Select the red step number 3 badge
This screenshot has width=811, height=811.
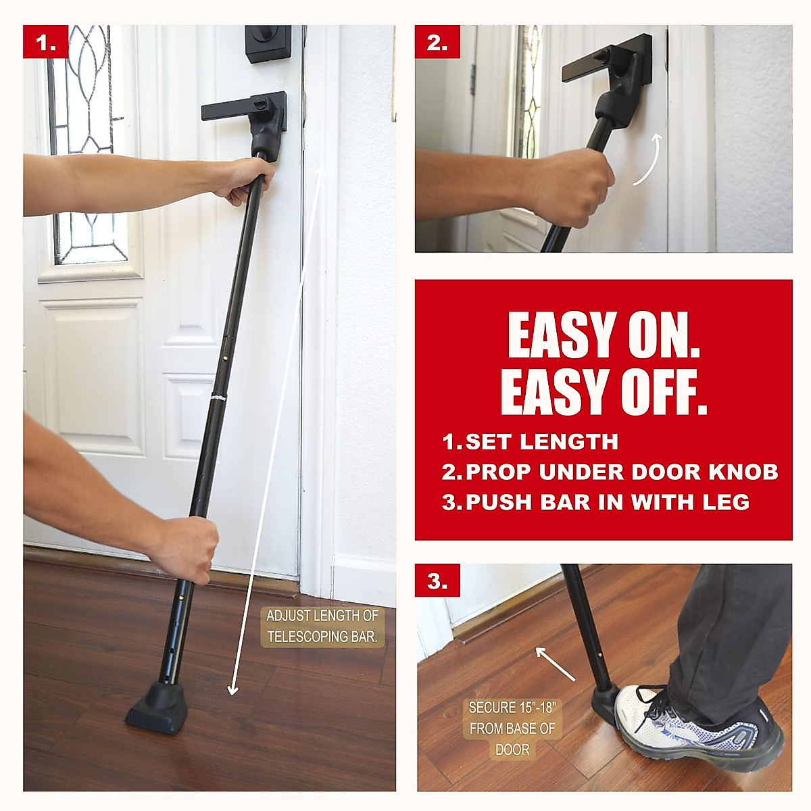pos(437,581)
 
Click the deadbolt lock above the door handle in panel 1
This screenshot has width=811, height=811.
pos(268,45)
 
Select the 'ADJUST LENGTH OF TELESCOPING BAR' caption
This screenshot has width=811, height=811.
pos(322,626)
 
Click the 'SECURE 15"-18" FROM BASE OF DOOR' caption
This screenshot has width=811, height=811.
pos(512,729)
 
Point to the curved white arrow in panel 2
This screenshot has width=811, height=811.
pos(648,159)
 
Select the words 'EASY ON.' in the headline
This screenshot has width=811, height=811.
pos(603,335)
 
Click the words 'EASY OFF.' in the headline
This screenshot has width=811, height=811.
pos(603,392)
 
